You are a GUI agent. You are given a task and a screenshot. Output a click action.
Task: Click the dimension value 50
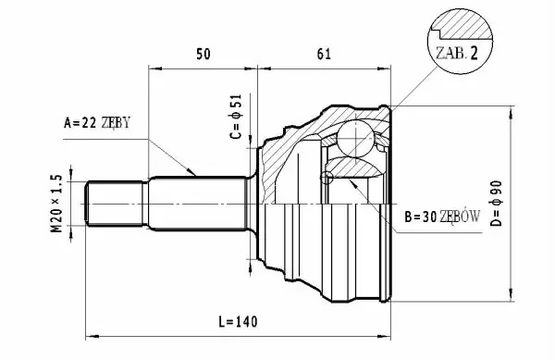click(203, 55)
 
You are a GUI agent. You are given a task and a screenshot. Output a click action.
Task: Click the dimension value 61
click(324, 55)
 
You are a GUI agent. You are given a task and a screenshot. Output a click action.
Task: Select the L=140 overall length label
click(238, 322)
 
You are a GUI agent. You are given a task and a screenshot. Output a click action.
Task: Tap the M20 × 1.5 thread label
click(56, 204)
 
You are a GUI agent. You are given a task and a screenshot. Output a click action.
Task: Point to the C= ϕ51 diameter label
click(235, 117)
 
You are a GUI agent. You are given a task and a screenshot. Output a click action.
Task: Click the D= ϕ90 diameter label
click(496, 204)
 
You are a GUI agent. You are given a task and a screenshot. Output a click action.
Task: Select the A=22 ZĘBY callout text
click(97, 122)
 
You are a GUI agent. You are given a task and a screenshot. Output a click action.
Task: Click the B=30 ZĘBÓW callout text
click(442, 217)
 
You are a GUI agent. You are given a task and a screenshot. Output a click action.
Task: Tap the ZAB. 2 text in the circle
click(457, 54)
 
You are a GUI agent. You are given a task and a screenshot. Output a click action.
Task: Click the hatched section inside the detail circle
click(463, 27)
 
